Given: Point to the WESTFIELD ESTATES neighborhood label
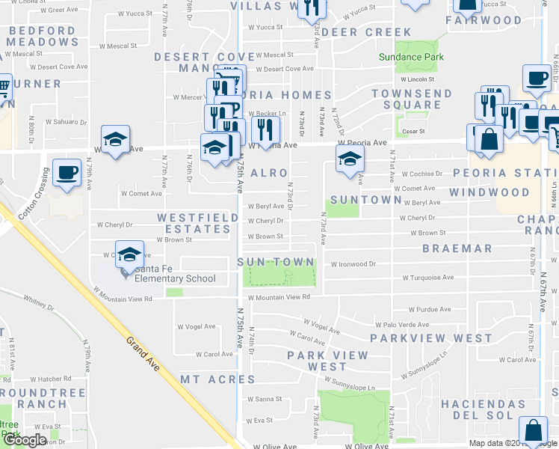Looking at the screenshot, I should [194, 223].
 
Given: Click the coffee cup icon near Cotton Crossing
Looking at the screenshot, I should [67, 171].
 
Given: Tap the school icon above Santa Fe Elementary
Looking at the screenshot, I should [129, 254].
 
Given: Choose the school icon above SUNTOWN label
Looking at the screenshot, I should [348, 158].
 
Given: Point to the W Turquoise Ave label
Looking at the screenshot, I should [427, 278].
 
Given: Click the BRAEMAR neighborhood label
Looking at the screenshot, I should [457, 248].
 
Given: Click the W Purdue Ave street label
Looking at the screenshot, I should [430, 309].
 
